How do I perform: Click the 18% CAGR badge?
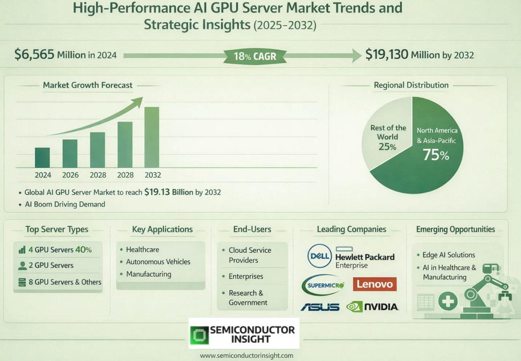(x=255, y=56)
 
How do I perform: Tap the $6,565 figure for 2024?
(x=34, y=54)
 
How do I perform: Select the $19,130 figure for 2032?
(x=386, y=54)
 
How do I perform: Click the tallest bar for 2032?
(x=152, y=137)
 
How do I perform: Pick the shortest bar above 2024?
(x=42, y=157)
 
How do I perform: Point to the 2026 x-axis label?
(x=70, y=175)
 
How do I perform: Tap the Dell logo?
(x=319, y=256)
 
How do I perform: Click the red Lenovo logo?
(x=374, y=284)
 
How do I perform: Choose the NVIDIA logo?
(x=372, y=307)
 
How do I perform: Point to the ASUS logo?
(x=320, y=307)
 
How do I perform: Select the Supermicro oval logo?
(x=323, y=285)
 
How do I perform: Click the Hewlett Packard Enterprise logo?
(x=365, y=258)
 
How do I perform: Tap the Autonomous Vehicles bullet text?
(x=158, y=262)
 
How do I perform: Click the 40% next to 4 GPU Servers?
(x=83, y=250)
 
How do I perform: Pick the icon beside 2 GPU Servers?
(x=22, y=265)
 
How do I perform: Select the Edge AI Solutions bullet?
(x=448, y=255)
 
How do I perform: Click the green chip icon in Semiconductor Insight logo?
(x=199, y=335)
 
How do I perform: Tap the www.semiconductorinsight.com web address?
(x=247, y=356)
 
